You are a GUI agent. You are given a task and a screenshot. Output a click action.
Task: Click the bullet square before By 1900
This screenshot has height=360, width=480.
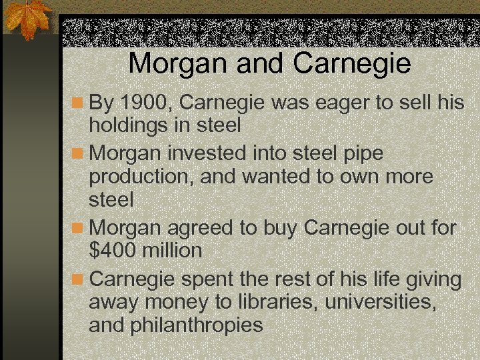pos(78,103)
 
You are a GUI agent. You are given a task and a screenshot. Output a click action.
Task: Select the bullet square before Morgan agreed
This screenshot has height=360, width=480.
pos(78,228)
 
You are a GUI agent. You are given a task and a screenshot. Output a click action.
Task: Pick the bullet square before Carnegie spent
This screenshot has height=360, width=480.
pos(78,279)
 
